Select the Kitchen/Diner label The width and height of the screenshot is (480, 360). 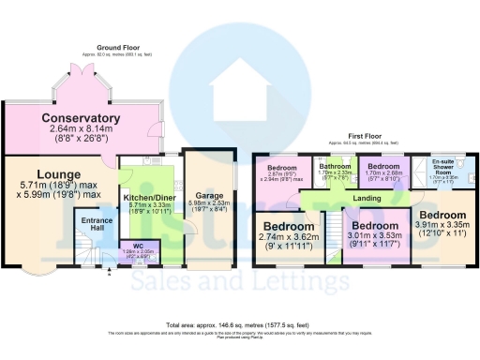click(150, 198)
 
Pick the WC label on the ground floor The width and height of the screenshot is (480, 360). click(138, 246)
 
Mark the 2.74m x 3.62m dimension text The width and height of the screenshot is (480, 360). click(288, 240)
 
